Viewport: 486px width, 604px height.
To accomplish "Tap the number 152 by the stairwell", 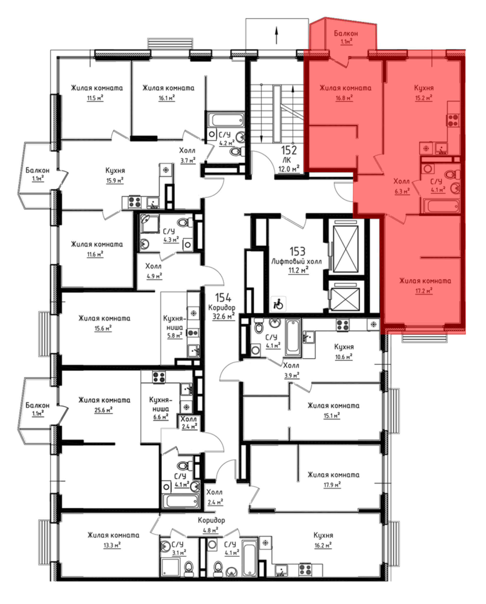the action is tap(289, 151).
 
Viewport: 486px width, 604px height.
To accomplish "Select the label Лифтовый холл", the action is tap(296, 262).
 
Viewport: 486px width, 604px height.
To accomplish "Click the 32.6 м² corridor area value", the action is tap(223, 317).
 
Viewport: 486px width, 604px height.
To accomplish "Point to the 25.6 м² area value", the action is tap(104, 410).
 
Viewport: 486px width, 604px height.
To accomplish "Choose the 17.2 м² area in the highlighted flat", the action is tap(424, 291).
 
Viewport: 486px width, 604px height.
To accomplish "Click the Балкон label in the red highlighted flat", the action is tap(346, 34).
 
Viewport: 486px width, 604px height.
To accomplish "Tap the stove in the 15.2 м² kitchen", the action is tap(453, 120).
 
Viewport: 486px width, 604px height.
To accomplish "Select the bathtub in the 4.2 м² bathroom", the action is tap(227, 120).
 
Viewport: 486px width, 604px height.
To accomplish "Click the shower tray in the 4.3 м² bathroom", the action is tap(149, 223).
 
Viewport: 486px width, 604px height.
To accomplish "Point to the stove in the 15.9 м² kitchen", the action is tap(134, 202).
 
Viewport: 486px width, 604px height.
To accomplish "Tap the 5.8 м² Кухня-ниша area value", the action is tap(175, 335).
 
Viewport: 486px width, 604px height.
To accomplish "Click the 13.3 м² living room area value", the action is tap(112, 545).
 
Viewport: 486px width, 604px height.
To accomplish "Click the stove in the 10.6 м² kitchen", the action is tap(343, 325).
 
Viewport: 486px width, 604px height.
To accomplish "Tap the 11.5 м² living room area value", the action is tap(95, 98).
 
